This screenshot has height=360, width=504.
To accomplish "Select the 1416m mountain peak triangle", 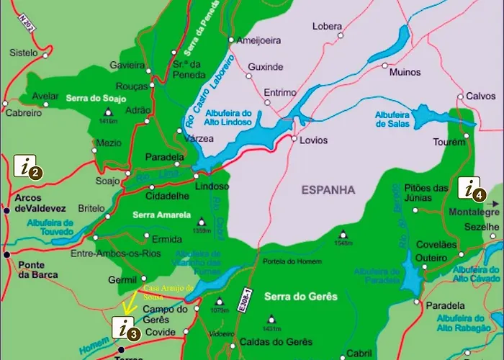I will pos(109,112).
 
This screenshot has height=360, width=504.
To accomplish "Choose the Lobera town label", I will pos(327,27).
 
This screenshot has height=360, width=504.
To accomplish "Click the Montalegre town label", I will pos(474,213).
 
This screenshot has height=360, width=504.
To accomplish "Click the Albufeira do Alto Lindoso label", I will pos(227,117).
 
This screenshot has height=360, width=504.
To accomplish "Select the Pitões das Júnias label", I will pos(432,191).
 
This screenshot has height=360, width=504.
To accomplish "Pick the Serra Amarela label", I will pos(162,215).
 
